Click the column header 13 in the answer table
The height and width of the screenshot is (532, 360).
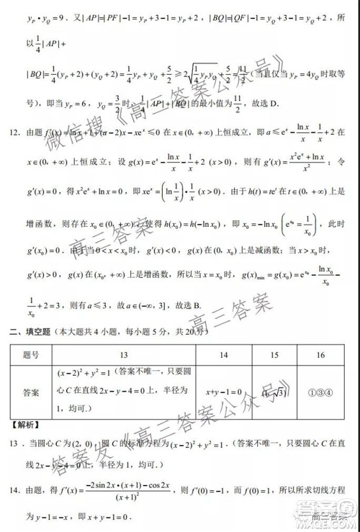click(x=124, y=355)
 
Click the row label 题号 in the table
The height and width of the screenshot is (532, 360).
click(x=31, y=355)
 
